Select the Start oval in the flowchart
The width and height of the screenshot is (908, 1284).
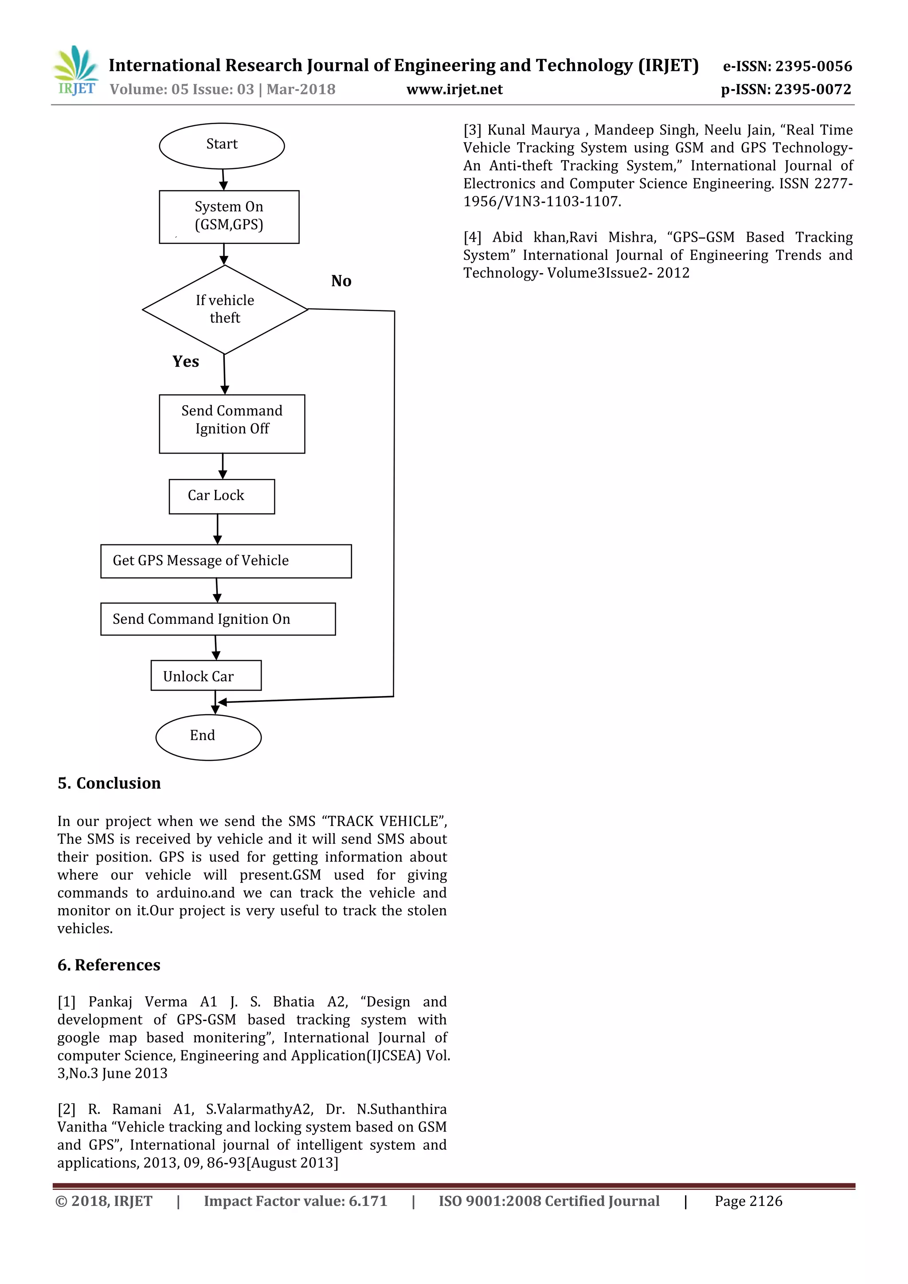(222, 145)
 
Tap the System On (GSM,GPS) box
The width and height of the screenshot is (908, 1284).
(229, 216)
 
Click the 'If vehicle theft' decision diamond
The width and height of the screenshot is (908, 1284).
(225, 309)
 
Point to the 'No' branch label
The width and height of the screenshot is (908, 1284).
(341, 281)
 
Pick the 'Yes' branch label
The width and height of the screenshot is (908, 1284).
(186, 361)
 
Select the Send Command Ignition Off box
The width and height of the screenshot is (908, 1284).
(232, 423)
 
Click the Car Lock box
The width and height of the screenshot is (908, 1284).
(222, 496)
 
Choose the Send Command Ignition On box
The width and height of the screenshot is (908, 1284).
(218, 619)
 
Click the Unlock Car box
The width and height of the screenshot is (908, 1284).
(206, 676)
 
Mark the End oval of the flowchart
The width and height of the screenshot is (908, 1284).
(208, 737)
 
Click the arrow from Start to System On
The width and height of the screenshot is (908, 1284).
(223, 180)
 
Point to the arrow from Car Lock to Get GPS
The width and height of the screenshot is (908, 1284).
(218, 529)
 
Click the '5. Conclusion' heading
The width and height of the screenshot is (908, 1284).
(109, 783)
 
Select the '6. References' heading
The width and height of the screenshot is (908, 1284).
(109, 965)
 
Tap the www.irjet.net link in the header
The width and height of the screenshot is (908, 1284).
(454, 90)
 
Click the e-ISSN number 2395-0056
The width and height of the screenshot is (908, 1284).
(814, 67)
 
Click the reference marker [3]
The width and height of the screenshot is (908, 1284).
(473, 130)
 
